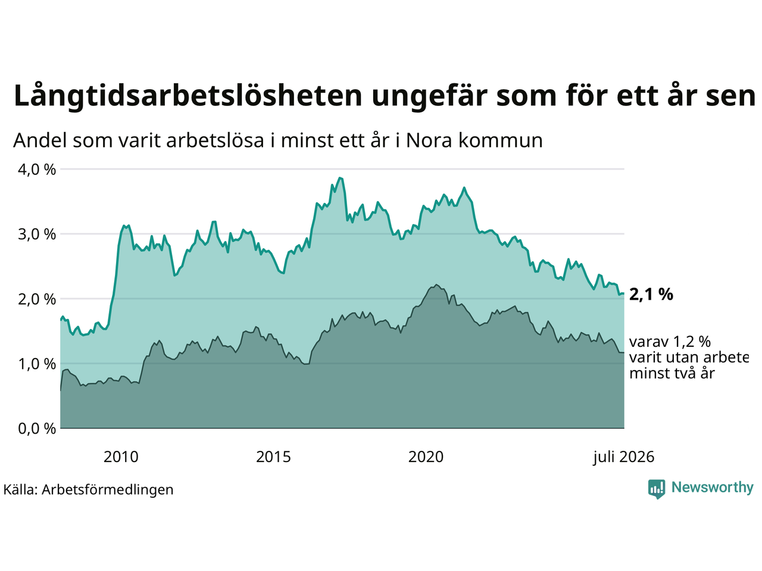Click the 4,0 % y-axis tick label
[x=37, y=170]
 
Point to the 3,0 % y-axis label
[x=37, y=234]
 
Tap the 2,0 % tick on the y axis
[x=37, y=299]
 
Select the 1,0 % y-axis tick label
[x=37, y=364]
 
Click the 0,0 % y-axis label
[x=37, y=429]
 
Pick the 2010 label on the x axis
[x=121, y=457]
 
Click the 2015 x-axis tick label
[x=273, y=457]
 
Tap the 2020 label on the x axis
[x=426, y=457]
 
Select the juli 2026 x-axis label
[x=624, y=457]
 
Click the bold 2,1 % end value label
[x=651, y=294]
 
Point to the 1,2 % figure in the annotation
[x=692, y=342]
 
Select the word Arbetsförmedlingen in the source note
[x=108, y=490]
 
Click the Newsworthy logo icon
[x=657, y=489]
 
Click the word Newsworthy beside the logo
[x=713, y=488]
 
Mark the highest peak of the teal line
[x=340, y=178]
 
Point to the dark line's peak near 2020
[x=436, y=285]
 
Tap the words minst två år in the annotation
[x=672, y=374]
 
